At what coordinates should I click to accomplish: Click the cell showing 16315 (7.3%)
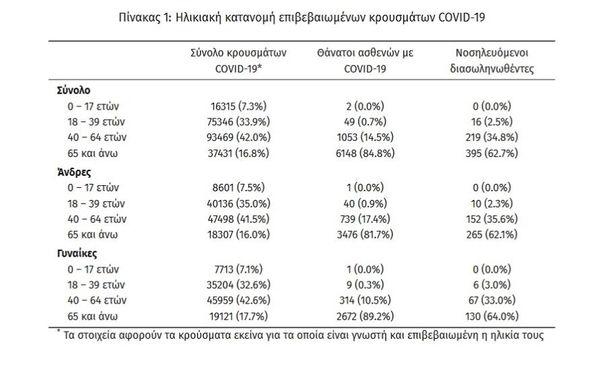[x=238, y=106]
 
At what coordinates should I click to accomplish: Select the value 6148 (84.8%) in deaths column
[x=365, y=154]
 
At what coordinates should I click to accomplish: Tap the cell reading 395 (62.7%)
[x=492, y=154]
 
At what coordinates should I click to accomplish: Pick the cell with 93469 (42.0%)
[x=238, y=137]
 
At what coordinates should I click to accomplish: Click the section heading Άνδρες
[x=74, y=172]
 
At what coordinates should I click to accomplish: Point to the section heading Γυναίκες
[x=77, y=254]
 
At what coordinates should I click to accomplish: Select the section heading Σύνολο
[x=73, y=90]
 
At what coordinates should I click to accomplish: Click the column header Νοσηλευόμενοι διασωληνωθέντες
[x=492, y=61]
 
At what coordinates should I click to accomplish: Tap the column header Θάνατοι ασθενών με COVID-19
[x=365, y=61]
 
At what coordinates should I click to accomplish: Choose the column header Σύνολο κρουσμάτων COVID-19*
[x=238, y=61]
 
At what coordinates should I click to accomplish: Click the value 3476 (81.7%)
[x=365, y=235]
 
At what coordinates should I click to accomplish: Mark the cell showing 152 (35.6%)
[x=492, y=220]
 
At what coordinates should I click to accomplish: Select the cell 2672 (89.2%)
[x=365, y=317]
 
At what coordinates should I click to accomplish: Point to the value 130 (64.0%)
[x=492, y=317]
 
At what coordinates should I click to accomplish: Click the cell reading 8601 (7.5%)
[x=238, y=188]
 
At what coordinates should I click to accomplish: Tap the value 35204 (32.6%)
[x=238, y=285]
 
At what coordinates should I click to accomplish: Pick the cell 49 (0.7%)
[x=365, y=122]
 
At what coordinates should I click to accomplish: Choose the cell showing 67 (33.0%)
[x=492, y=300]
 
